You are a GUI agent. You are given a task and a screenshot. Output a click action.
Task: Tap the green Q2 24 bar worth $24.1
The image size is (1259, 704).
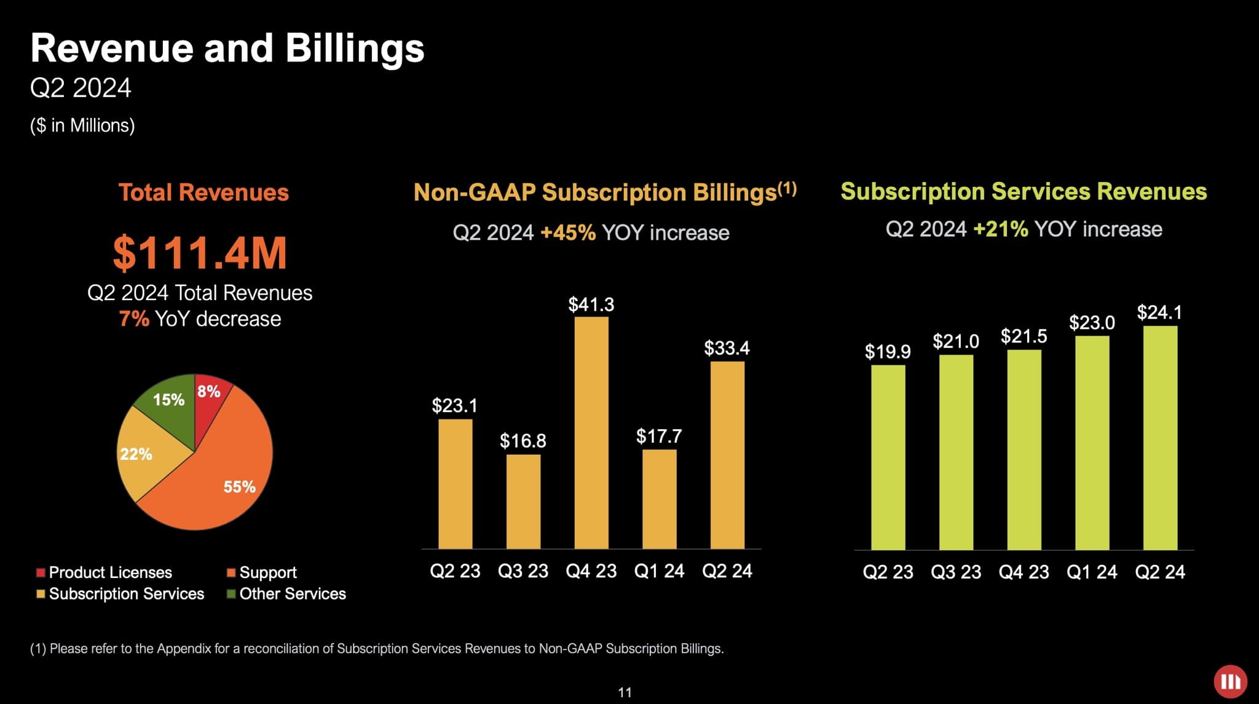pyautogui.click(x=1160, y=437)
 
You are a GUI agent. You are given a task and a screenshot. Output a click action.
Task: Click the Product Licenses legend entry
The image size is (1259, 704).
pyautogui.click(x=104, y=572)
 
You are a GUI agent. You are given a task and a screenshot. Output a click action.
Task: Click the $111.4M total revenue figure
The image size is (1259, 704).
pyautogui.click(x=200, y=253)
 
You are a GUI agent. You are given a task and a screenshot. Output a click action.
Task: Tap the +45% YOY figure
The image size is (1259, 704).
pyautogui.click(x=568, y=233)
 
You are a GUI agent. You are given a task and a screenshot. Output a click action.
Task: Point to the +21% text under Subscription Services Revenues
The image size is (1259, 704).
pyautogui.click(x=1001, y=229)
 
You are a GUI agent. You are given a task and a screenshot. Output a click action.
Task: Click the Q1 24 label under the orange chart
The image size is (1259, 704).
pyautogui.click(x=659, y=571)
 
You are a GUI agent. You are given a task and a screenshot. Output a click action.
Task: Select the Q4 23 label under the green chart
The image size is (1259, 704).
pyautogui.click(x=1024, y=572)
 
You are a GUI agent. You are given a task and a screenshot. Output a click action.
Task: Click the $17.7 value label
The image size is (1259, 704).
pyautogui.click(x=659, y=437)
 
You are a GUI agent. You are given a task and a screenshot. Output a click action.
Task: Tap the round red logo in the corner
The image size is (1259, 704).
pyautogui.click(x=1230, y=681)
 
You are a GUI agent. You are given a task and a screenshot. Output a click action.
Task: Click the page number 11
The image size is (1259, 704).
pyautogui.click(x=625, y=692)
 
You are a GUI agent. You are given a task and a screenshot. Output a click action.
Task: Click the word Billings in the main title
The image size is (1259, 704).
pyautogui.click(x=355, y=49)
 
